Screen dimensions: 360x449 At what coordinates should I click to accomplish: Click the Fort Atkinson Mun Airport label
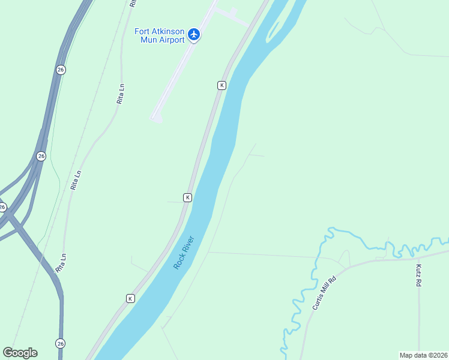click(x=158, y=35)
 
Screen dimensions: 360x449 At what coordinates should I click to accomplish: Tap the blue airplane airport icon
click(x=193, y=34)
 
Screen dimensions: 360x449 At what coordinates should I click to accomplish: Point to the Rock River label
click(x=184, y=252)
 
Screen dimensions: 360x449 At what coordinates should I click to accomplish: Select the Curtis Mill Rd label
click(x=325, y=293)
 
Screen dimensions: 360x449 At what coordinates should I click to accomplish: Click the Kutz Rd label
click(x=418, y=274)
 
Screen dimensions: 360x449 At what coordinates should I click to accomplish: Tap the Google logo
click(x=20, y=353)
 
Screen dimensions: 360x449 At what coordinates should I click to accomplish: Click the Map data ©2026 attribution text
click(x=423, y=355)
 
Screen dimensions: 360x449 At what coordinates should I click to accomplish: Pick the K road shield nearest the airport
click(x=221, y=86)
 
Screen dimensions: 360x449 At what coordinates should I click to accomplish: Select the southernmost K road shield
click(x=130, y=298)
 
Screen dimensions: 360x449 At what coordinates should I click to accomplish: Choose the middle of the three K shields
click(x=187, y=197)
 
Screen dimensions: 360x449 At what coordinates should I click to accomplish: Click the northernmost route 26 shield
click(x=60, y=70)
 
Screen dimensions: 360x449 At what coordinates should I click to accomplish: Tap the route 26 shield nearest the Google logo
click(x=60, y=343)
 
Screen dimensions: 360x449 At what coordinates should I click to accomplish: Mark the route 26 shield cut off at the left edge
click(x=2, y=207)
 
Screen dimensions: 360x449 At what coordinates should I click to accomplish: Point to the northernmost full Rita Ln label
click(x=121, y=94)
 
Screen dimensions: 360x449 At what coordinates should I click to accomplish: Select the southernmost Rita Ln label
click(x=61, y=263)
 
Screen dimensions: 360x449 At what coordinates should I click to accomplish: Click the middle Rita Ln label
click(x=76, y=180)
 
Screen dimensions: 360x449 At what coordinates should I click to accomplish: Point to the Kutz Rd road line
click(x=419, y=318)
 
